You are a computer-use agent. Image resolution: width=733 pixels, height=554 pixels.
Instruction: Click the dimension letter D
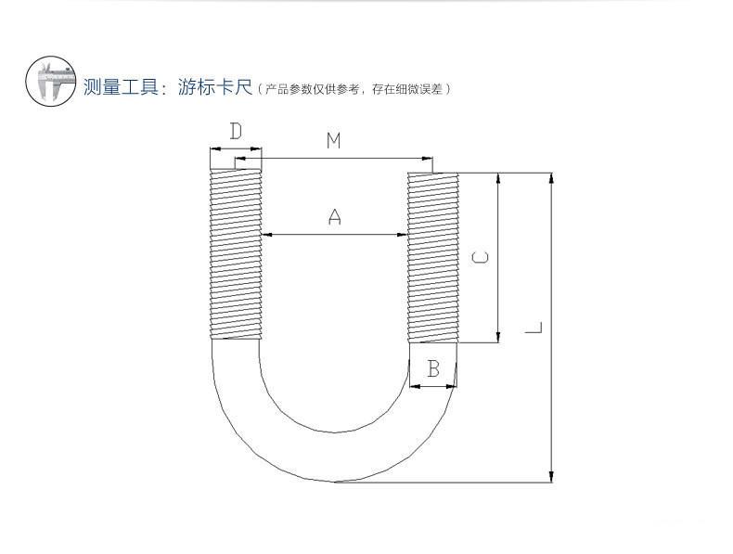(x=236, y=132)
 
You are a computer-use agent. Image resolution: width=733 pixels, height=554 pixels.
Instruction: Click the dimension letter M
(x=334, y=141)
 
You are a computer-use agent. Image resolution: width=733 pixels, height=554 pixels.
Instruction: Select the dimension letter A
(x=335, y=217)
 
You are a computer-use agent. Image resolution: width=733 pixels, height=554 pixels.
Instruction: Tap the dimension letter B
(x=432, y=369)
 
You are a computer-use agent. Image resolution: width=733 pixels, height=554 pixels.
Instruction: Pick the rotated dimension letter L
(x=534, y=328)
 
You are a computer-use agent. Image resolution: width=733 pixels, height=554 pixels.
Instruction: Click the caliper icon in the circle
(x=50, y=82)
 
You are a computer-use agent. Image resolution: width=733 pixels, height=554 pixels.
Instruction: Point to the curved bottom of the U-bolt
(x=334, y=455)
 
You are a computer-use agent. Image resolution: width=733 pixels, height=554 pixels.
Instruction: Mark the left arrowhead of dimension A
(x=266, y=236)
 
